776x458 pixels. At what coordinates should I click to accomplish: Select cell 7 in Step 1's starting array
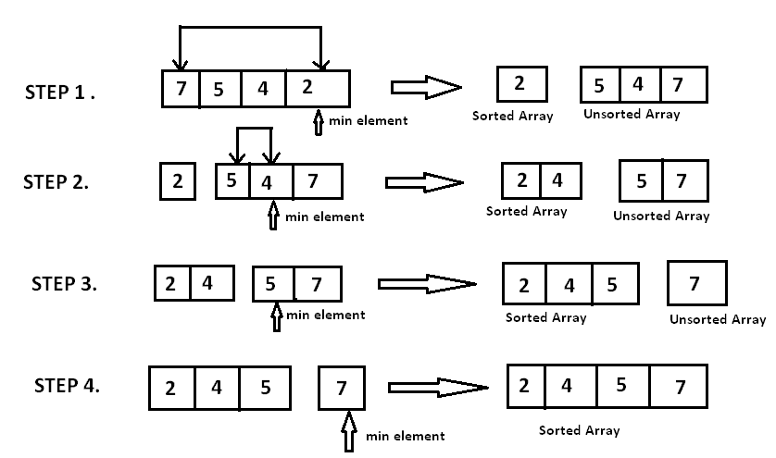(180, 90)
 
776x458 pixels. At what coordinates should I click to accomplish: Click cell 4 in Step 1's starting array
(263, 90)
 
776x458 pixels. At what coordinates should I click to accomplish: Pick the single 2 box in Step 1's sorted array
(519, 84)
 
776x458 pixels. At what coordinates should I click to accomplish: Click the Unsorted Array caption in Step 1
(632, 115)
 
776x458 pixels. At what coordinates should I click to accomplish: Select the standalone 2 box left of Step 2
(177, 180)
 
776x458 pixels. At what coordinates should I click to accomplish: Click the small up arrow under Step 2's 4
(272, 216)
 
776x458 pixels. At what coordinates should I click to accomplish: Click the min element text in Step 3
(325, 315)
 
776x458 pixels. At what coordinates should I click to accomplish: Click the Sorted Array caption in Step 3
(545, 317)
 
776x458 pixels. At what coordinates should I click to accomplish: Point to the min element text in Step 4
(405, 436)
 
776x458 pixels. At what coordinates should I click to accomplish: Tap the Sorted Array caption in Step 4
(579, 430)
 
